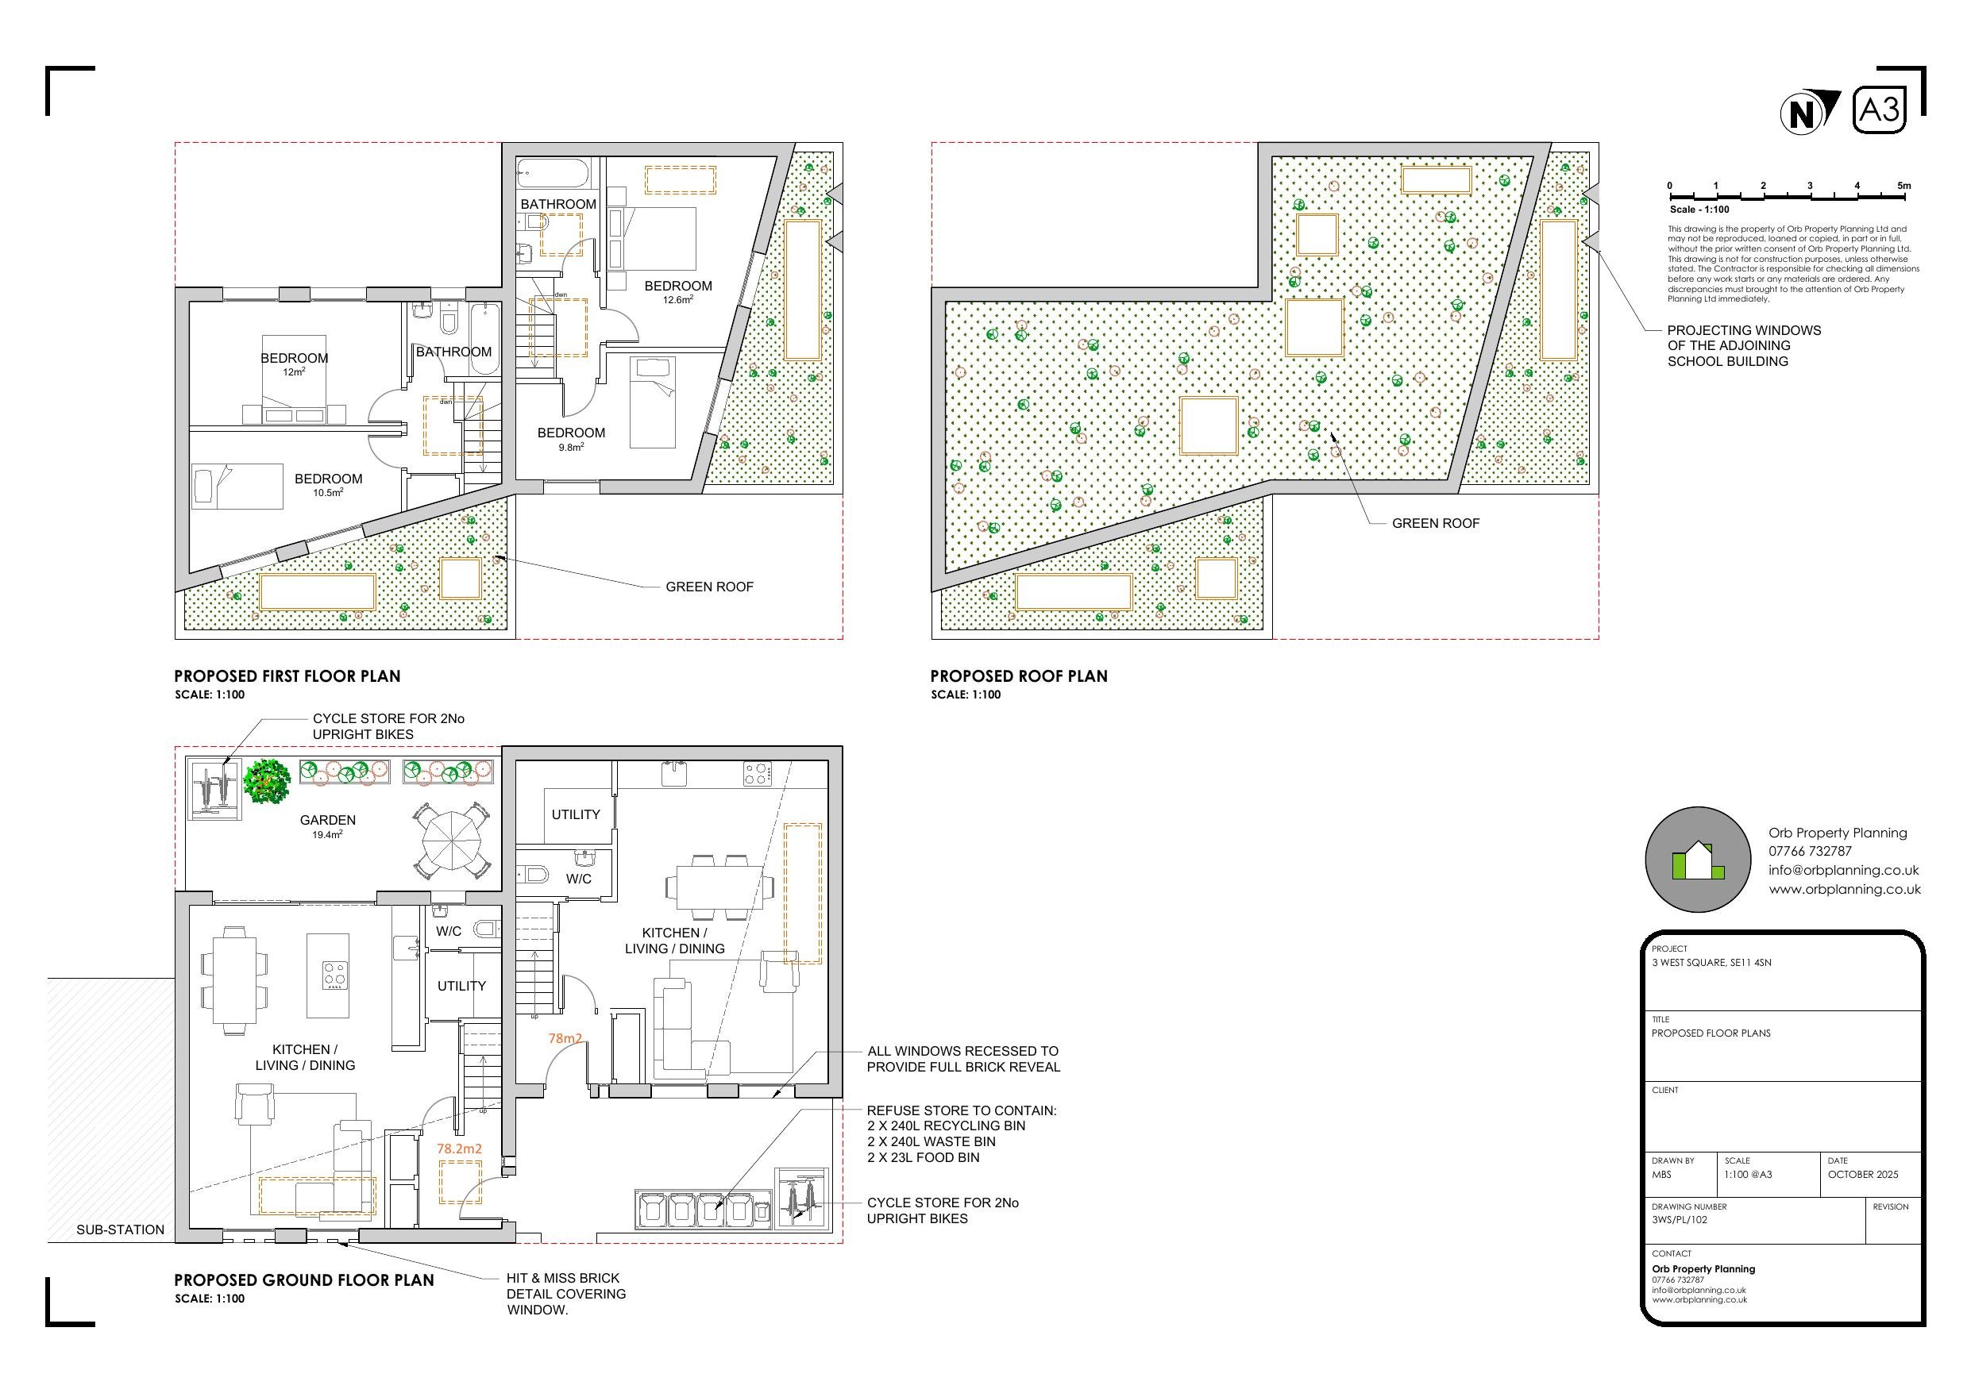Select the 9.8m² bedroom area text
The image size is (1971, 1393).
571,447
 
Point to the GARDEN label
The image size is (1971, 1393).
328,821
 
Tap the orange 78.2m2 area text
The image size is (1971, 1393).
459,1149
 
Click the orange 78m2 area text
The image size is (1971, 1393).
565,1038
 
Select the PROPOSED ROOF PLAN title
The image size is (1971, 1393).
1019,676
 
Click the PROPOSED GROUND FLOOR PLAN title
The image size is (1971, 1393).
304,1280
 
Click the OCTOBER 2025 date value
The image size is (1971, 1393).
1863,1174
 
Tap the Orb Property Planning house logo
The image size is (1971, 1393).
1697,860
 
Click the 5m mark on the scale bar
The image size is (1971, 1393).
1903,187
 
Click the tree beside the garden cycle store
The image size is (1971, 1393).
267,781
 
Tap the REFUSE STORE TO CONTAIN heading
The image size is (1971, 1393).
962,1110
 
